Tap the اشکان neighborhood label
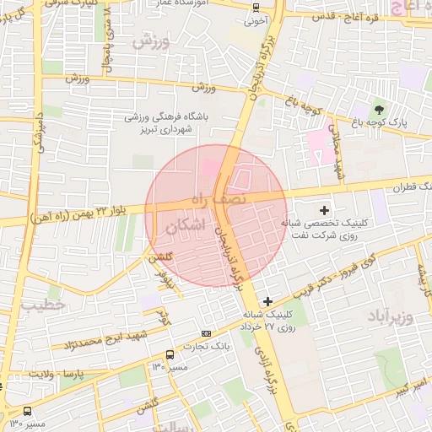pyautogui.click(x=186, y=225)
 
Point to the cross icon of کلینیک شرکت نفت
pyautogui.click(x=326, y=208)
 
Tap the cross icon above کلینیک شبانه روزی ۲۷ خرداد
pyautogui.click(x=268, y=301)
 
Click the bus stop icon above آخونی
pyautogui.click(x=255, y=7)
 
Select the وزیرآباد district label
pyautogui.click(x=392, y=316)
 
